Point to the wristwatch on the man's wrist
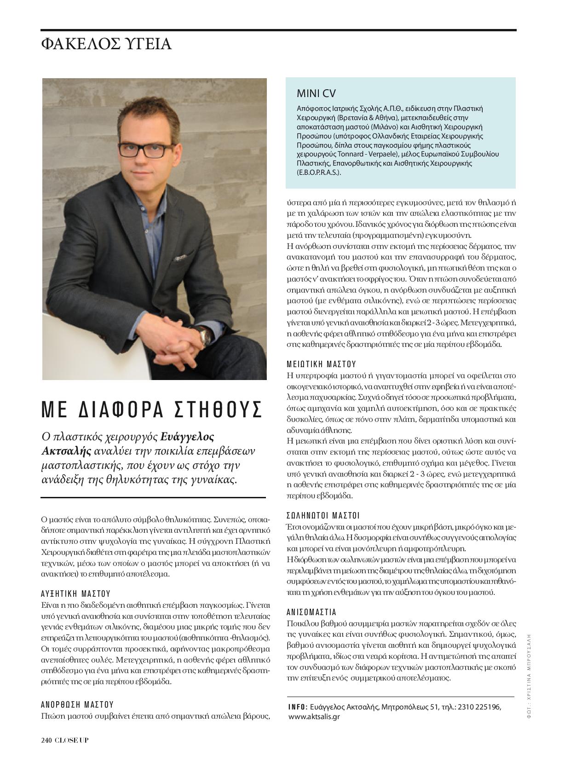(x=205, y=338)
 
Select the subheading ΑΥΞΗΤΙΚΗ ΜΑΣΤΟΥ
(x=75, y=594)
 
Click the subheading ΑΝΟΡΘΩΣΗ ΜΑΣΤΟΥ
(x=77, y=704)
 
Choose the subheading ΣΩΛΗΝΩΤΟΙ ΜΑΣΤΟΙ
(x=323, y=515)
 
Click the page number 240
(x=46, y=740)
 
